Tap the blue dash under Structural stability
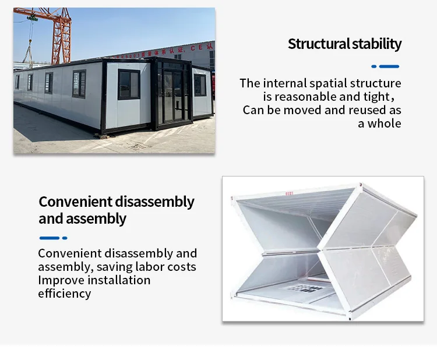click(386, 66)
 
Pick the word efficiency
click(64, 294)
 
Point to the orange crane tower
click(61, 35)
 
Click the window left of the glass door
click(129, 84)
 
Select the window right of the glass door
click(200, 85)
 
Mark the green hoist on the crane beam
click(32, 19)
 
